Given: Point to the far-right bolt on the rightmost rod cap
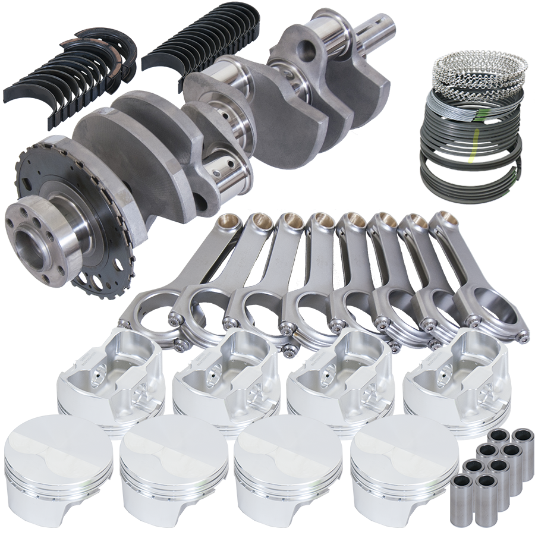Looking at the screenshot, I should pos(523,336).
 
